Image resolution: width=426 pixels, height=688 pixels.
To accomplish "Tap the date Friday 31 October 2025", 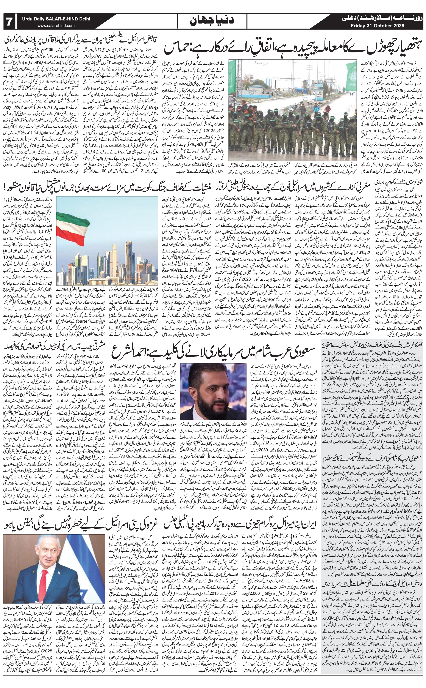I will tap(378, 26).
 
